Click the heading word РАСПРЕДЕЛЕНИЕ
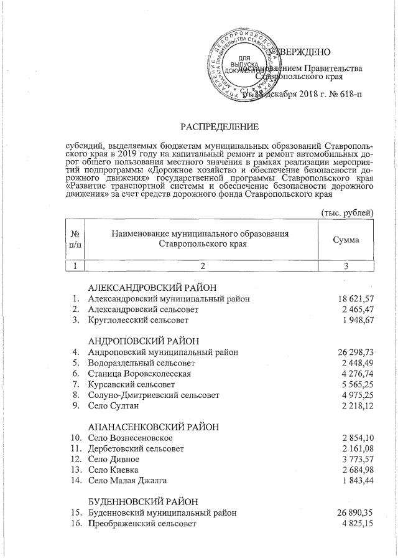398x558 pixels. (219, 128)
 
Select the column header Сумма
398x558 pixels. (346, 239)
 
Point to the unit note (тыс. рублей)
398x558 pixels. (347, 212)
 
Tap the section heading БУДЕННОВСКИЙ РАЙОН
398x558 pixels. (143, 501)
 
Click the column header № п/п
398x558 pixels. (75, 239)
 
